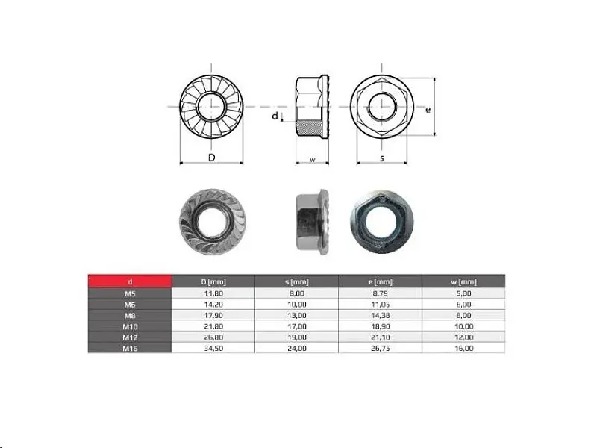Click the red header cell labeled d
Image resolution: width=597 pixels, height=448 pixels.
point(130,281)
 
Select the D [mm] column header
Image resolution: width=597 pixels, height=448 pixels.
point(213,282)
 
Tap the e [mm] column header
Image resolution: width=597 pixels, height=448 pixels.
point(380,282)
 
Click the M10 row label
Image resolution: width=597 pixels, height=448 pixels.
point(130,326)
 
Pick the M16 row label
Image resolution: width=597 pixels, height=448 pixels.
point(130,348)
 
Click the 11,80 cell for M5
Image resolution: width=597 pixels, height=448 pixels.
point(213,293)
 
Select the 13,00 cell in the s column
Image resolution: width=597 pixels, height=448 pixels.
point(296,315)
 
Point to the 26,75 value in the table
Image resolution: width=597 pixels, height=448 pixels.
point(380,348)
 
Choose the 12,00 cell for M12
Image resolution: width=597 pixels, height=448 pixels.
point(463,337)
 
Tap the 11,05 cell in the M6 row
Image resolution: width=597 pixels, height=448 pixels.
point(380,305)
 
